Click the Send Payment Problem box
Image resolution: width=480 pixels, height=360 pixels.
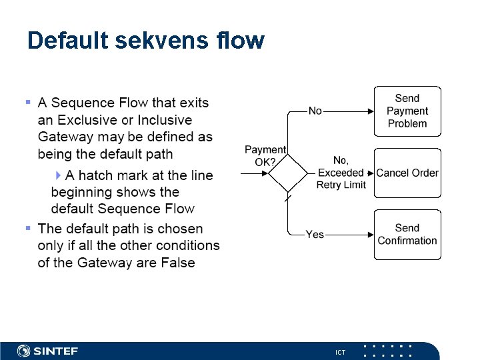pos(407,111)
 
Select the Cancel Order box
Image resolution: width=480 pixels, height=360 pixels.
pos(407,173)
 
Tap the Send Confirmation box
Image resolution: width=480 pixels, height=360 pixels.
pos(407,235)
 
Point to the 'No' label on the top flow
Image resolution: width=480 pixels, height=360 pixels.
pos(315,111)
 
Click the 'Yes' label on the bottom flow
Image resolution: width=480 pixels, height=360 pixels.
pos(315,235)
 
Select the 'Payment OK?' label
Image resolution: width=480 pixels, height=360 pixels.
pos(265,156)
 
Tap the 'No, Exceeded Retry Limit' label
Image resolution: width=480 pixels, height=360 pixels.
pos(341,173)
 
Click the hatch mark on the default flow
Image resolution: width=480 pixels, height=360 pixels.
pos(288,199)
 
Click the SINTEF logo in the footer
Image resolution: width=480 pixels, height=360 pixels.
pos(48,351)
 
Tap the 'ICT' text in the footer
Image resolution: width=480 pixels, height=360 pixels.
pos(341,352)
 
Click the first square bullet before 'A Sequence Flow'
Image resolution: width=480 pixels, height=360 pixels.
pos(28,103)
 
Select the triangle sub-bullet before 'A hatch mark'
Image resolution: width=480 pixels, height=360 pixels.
pos(59,175)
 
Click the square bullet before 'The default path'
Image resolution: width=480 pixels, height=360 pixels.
pos(28,228)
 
